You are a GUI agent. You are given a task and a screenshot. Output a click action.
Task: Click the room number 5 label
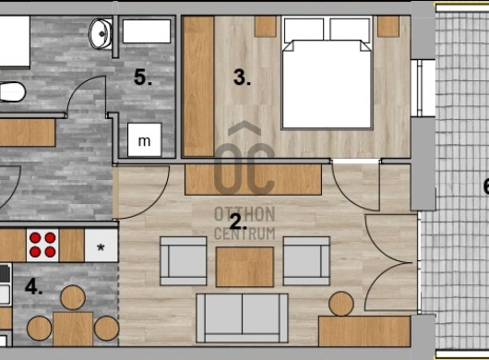[143, 78]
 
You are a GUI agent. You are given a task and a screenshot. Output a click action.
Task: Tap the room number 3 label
[242, 78]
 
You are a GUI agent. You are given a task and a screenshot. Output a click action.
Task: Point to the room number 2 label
[238, 222]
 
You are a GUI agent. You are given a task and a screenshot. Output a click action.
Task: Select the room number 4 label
[34, 287]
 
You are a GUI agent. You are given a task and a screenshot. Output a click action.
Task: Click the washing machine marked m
[144, 139]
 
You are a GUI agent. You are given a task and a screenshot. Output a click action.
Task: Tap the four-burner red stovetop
[42, 246]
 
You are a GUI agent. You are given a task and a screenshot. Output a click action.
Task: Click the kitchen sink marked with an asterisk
[101, 246]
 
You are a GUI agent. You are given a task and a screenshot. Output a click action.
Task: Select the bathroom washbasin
[101, 33]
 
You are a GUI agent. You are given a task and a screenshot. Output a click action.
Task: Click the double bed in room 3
[327, 73]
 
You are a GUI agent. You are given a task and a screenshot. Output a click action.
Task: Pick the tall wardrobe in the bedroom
[198, 86]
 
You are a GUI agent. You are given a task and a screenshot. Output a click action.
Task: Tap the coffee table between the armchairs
[244, 267]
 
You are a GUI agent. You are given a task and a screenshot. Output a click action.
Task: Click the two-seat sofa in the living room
[243, 318]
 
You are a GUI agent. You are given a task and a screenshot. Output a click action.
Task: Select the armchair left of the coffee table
[184, 261]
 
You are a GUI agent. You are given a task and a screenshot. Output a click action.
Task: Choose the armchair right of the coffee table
[306, 261]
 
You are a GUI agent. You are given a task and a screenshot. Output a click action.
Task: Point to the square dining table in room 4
[73, 329]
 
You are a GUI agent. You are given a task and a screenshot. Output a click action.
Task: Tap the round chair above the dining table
[73, 297]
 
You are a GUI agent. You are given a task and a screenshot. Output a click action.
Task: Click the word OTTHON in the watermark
[244, 214]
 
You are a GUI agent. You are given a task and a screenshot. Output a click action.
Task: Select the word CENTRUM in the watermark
[244, 234]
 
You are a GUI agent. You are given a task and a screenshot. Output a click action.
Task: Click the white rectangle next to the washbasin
[147, 31]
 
